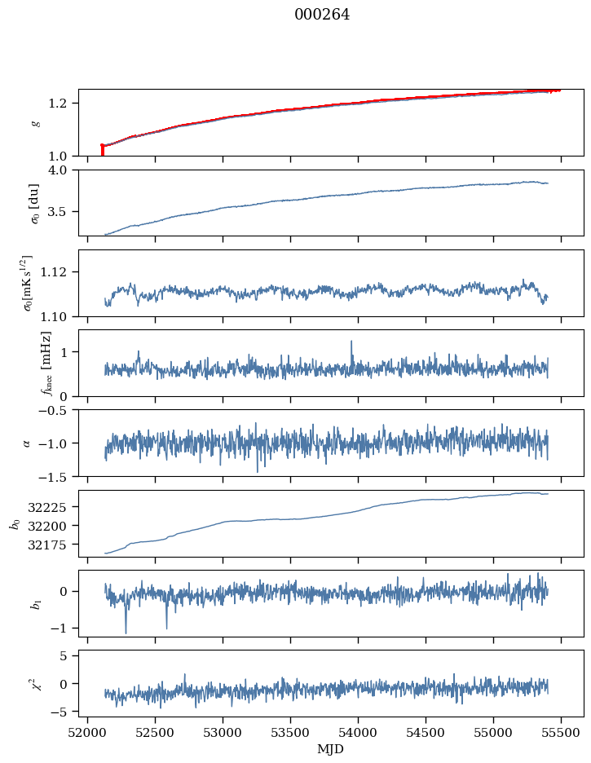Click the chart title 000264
322,15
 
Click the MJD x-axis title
331,749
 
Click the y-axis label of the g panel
35,122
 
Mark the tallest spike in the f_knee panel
351,342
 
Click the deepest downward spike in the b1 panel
126,632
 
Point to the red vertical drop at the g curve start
102,151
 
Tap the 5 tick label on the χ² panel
67,655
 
